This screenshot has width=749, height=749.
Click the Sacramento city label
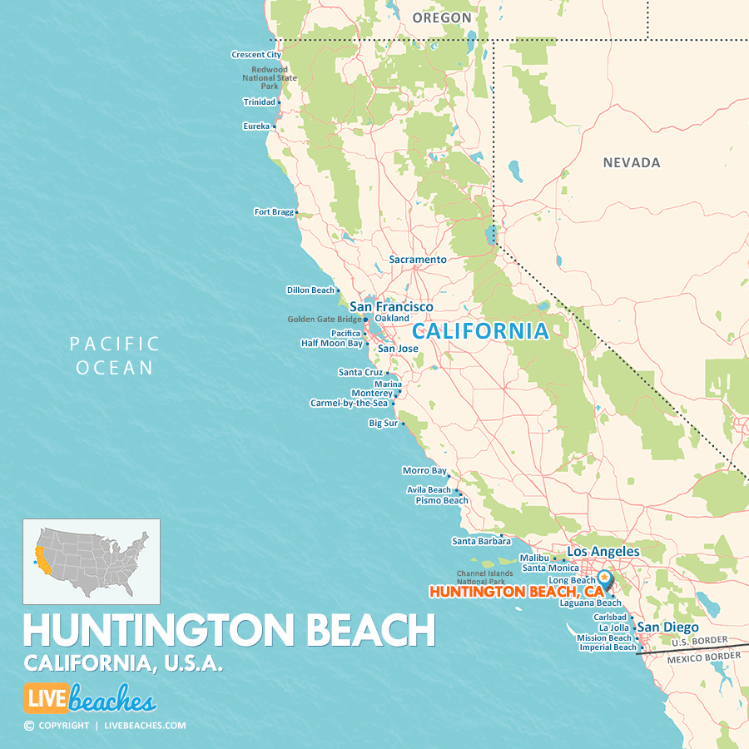click(418, 260)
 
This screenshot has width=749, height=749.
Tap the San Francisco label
click(391, 307)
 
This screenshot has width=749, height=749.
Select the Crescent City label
click(256, 55)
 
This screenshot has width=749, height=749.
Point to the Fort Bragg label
click(274, 212)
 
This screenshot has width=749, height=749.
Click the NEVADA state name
click(632, 163)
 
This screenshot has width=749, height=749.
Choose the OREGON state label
click(441, 17)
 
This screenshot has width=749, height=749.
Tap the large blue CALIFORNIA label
click(480, 331)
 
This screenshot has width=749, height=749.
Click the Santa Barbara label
click(481, 542)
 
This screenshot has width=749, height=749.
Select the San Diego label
click(667, 627)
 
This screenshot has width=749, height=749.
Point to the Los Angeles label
click(603, 552)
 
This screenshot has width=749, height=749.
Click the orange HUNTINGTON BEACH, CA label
click(516, 592)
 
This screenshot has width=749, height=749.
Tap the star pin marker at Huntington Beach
click(604, 576)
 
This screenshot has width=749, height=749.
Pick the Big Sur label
click(384, 424)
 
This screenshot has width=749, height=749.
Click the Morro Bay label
click(424, 471)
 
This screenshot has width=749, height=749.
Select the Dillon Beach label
click(310, 290)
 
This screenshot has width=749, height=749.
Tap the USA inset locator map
click(92, 562)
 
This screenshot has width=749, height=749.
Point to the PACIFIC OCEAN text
click(115, 355)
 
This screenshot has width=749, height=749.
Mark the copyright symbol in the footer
click(29, 726)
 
